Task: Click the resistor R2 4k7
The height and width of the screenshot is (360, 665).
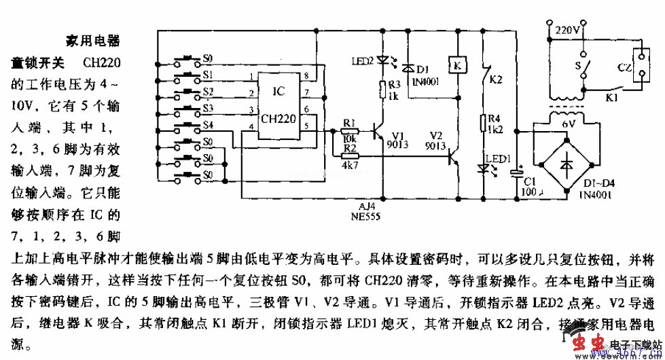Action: click(x=349, y=156)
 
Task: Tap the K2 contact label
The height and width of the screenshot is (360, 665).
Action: click(x=497, y=79)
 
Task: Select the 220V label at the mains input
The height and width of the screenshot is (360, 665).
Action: click(x=567, y=30)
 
